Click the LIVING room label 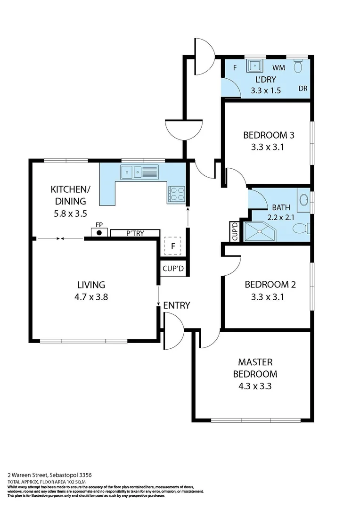[x=91, y=285]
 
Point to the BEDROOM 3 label [x=269, y=135]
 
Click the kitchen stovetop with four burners [x=176, y=194]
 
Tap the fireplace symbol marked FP [x=99, y=232]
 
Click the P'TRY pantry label [x=135, y=233]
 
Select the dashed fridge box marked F [x=173, y=246]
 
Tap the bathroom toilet [x=301, y=229]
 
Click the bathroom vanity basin [x=304, y=198]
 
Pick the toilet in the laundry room [x=297, y=66]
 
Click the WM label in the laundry [x=278, y=68]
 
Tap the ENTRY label [x=177, y=305]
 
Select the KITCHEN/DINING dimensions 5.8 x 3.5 [x=71, y=213]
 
